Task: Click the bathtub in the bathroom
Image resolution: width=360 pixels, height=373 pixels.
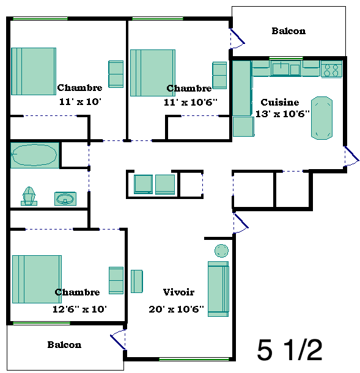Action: (x=35, y=155)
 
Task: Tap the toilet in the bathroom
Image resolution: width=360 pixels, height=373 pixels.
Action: (x=29, y=196)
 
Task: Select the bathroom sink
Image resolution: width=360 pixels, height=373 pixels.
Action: (x=65, y=198)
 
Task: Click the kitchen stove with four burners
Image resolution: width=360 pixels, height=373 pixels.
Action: (x=331, y=69)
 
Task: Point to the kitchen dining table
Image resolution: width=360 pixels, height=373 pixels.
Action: (x=321, y=118)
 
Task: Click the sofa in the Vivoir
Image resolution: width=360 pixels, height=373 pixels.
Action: (x=218, y=289)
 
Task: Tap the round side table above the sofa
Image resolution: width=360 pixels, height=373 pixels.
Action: (x=221, y=251)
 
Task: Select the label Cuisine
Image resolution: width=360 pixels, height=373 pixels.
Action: (x=280, y=103)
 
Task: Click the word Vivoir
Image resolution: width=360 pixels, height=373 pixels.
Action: (x=178, y=292)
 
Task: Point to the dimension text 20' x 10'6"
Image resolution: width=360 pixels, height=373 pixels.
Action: (x=176, y=309)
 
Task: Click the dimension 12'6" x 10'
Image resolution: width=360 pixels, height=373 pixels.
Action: (x=79, y=309)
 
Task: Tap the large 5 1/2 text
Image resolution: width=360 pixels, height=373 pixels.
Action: (x=290, y=350)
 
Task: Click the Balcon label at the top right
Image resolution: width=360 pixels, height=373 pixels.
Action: (x=288, y=31)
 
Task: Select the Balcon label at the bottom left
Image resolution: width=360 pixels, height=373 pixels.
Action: (x=64, y=345)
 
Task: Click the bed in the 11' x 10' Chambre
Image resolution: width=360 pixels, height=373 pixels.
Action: (x=34, y=71)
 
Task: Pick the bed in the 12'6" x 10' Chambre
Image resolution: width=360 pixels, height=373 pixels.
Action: (x=37, y=279)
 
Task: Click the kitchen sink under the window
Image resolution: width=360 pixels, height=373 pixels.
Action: (x=285, y=69)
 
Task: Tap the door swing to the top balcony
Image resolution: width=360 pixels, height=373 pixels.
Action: (x=237, y=38)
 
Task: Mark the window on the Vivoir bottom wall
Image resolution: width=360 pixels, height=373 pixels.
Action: (x=194, y=359)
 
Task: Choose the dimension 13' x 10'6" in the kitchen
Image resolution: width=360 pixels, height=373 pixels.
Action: (x=282, y=114)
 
